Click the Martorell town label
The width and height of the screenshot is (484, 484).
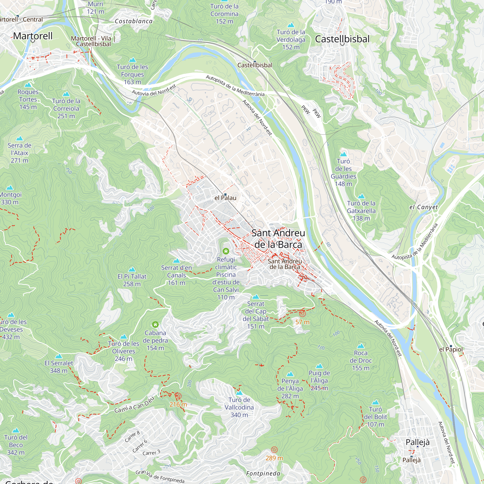pos(33,36)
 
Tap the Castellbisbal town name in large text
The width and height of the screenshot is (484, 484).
pos(342,39)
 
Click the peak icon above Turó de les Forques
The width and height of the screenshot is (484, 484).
pos(132,60)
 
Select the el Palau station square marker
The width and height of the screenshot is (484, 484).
pos(225,195)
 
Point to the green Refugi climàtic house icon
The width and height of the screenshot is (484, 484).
pos(226,251)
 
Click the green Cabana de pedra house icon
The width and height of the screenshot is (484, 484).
pos(155,325)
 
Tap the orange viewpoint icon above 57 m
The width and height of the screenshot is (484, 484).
pos(302,313)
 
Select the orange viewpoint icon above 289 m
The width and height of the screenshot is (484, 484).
pos(274,450)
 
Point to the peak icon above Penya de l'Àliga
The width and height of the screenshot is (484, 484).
pos(290,374)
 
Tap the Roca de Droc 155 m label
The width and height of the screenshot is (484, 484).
pos(361,360)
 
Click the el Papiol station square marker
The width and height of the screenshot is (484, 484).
pos(451,346)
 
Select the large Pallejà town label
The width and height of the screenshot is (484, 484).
pos(418,442)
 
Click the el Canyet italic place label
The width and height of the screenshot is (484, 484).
pos(424,207)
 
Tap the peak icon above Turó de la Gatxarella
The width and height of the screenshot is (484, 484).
pos(361,196)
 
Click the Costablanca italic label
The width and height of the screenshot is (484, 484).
pos(134,21)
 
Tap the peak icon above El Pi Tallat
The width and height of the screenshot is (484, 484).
pos(132,269)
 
